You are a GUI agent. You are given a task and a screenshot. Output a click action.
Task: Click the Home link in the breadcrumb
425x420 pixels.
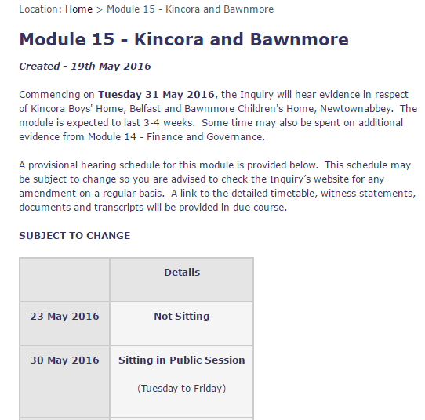click(x=78, y=9)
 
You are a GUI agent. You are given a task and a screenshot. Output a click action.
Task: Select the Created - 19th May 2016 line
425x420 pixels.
click(x=85, y=66)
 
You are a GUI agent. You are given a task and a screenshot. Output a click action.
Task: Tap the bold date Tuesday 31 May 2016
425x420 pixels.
click(x=156, y=95)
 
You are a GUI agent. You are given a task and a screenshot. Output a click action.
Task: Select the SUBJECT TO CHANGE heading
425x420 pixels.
click(x=74, y=235)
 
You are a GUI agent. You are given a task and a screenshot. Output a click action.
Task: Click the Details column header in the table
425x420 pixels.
click(x=182, y=273)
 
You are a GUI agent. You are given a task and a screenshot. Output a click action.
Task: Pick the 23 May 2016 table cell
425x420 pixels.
click(x=64, y=317)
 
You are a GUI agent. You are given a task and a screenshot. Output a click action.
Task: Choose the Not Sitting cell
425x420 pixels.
click(x=182, y=317)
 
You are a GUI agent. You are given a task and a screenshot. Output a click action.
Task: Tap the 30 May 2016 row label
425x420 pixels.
click(x=64, y=360)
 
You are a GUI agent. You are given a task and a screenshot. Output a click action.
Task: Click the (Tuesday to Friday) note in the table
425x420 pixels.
click(x=182, y=388)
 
